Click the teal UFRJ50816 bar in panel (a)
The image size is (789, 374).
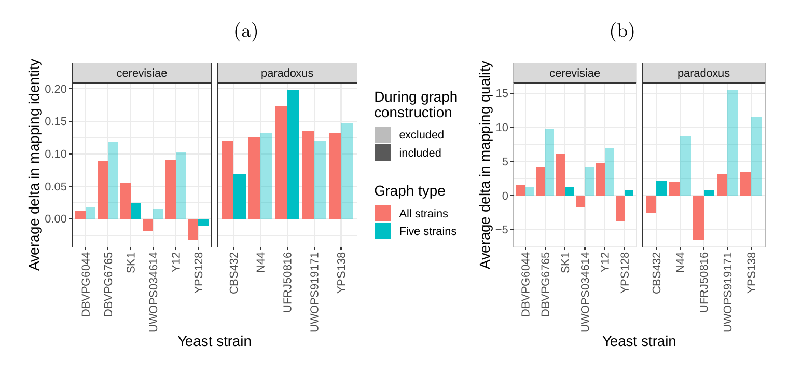click(293, 155)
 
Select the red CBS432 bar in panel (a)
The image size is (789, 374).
click(227, 180)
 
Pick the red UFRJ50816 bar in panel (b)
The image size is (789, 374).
click(698, 217)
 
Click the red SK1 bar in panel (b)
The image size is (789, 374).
click(560, 175)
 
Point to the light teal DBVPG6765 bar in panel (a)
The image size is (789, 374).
click(113, 181)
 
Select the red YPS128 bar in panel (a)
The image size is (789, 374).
click(193, 229)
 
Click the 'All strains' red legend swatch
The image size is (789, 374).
click(383, 213)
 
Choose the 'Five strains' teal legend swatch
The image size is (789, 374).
click(383, 231)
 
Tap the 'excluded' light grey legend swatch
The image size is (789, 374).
click(383, 135)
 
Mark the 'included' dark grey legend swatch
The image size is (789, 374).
click(383, 153)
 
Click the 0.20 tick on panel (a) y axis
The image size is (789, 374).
click(56, 89)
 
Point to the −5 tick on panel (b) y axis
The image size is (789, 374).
click(502, 230)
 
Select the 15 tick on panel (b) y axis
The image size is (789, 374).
click(502, 93)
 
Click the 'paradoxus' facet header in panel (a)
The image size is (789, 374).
click(287, 73)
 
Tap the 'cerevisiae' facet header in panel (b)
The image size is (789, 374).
click(575, 73)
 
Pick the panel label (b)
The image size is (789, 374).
click(622, 32)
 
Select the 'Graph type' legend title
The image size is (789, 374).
click(410, 191)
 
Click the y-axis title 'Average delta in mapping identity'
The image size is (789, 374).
click(34, 164)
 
